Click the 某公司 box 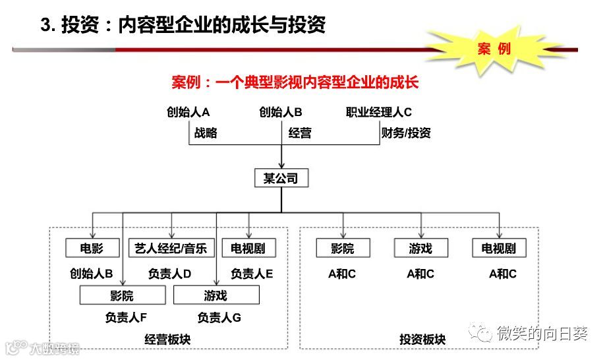pos(281,178)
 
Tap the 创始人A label pos(188,112)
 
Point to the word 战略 pos(205,133)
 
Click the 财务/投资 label pos(406,133)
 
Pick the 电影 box pos(92,248)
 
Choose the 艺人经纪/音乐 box pos(171,248)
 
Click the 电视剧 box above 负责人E pos(248,248)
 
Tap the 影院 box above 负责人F pos(122,295)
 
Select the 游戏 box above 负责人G pos(216,295)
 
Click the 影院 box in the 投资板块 pos(342,248)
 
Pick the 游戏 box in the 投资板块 pos(420,248)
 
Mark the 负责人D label pos(169,274)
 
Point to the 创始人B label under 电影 pos(92,274)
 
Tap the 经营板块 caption pos(167,340)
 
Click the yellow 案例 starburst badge pos(494,49)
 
